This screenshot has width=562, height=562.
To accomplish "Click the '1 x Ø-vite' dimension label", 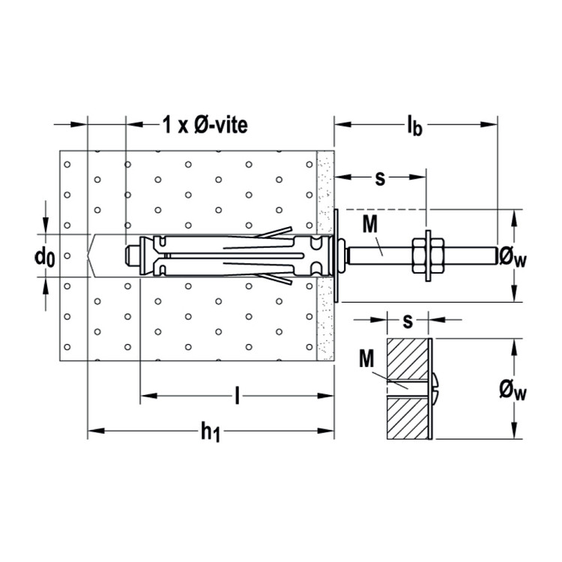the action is tap(205, 125).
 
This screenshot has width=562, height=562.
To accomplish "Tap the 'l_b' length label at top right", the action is tap(414, 125).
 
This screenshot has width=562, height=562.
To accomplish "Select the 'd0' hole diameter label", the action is tap(45, 256).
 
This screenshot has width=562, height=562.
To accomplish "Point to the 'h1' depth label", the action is tap(211, 432).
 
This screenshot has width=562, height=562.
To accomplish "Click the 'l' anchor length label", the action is tap(237, 396).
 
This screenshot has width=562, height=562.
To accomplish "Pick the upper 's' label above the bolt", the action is tap(380, 178).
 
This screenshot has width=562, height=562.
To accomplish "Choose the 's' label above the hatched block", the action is tap(408, 321).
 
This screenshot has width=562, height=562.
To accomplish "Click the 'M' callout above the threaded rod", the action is tap(370, 224).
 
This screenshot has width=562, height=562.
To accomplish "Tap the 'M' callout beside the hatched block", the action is tap(366, 358).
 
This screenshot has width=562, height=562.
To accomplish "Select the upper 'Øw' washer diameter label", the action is tap(513, 257).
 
